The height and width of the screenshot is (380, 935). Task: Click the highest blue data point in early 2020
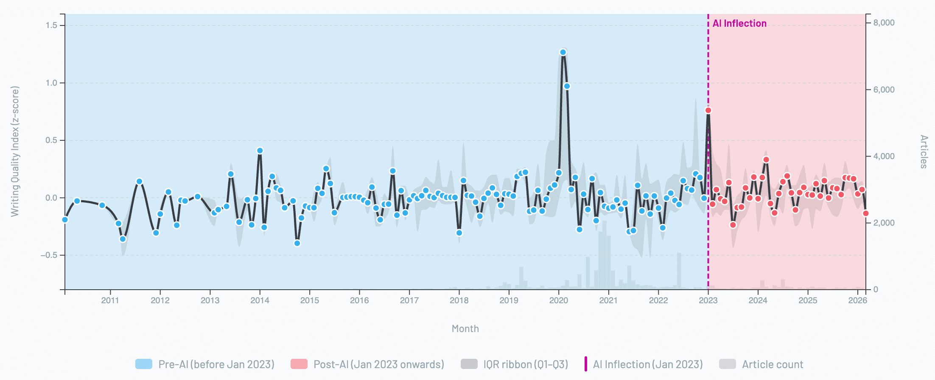(563, 52)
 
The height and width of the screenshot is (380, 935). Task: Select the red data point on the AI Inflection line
(708, 110)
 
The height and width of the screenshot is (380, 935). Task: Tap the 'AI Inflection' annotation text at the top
(739, 23)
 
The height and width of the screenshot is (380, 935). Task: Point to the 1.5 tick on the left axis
(51, 25)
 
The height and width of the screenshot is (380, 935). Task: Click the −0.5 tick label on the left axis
(49, 255)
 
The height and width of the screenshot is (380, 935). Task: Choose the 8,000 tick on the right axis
(884, 23)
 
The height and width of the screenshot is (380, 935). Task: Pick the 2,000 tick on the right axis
(884, 223)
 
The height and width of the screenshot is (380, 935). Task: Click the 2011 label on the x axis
(110, 300)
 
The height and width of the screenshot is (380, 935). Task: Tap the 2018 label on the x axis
(459, 300)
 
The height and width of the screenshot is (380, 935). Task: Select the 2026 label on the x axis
(857, 300)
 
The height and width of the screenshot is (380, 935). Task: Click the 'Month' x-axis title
(465, 329)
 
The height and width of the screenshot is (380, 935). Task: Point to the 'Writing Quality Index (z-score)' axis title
(15, 151)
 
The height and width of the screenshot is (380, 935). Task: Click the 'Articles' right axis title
(924, 151)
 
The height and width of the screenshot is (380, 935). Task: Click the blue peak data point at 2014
(260, 151)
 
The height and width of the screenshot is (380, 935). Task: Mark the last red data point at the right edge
(865, 213)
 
